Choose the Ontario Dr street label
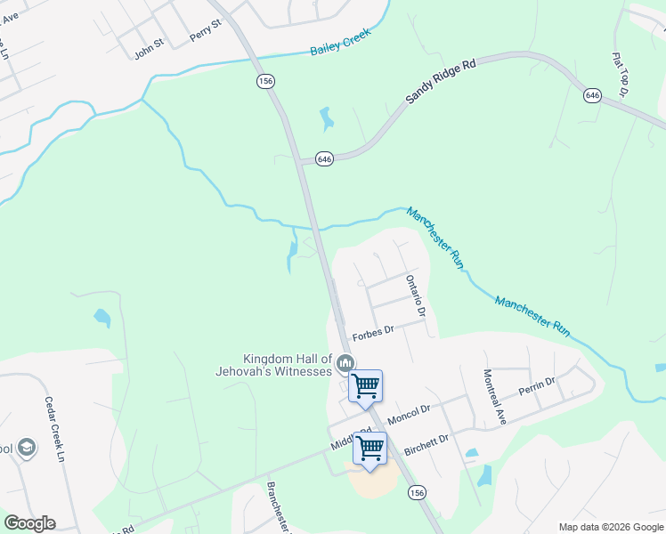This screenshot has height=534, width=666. coord(416,296)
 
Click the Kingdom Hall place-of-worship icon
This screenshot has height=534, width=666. coord(346,362)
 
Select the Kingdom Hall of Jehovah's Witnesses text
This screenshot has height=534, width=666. coord(274,364)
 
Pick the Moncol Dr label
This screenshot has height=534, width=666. coord(409,410)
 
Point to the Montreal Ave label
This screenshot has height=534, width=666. coord(494,396)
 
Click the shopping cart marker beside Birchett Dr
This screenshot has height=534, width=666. coord(370,449)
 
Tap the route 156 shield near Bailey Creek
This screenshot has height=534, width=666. coord(264,81)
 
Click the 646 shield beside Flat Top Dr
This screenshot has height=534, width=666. coord(593,94)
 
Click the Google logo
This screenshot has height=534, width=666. coord(29,523)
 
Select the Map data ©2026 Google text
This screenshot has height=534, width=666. coord(611,527)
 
